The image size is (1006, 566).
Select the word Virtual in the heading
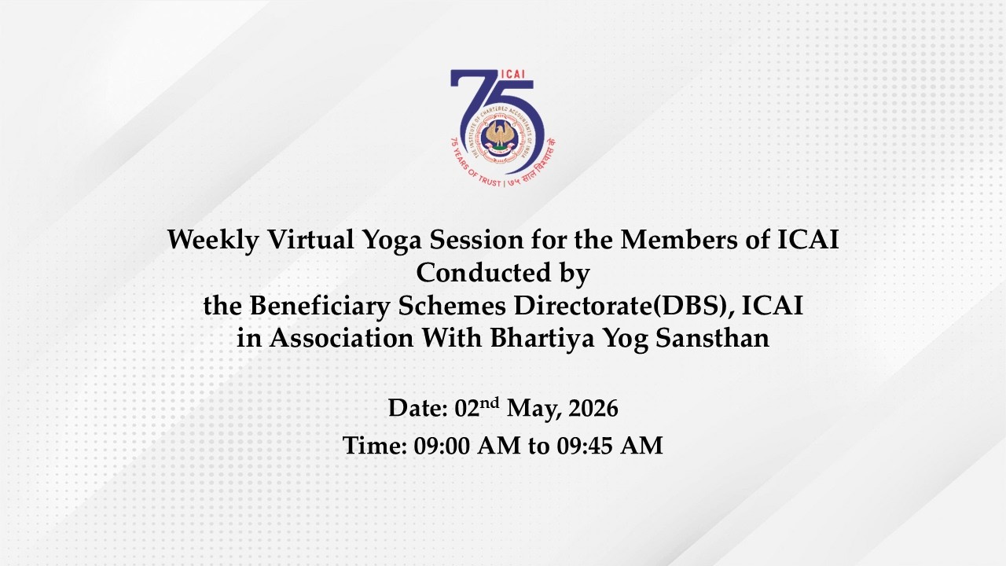tap(302, 241)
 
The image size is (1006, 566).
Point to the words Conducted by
tap(503, 273)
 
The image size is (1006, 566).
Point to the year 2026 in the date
tap(593, 409)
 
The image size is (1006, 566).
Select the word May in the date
tap(530, 410)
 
